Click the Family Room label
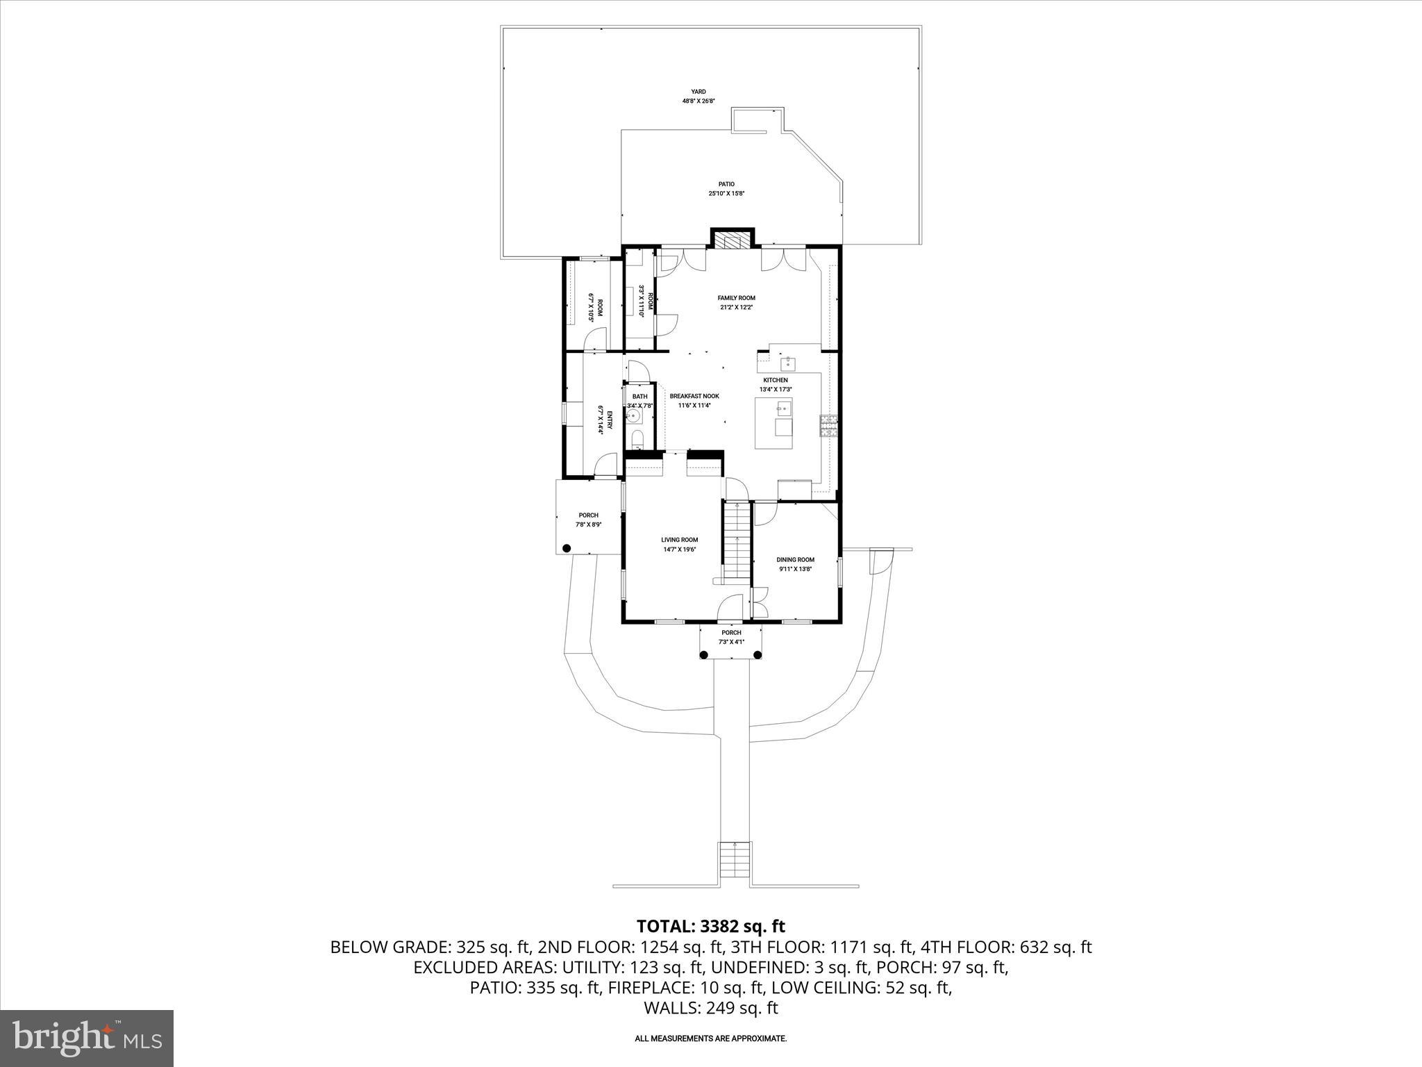coord(736,298)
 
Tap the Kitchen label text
coord(776,380)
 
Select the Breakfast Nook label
coord(694,396)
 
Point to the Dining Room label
coord(795,559)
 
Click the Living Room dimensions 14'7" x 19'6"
coord(679,549)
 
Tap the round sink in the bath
coord(633,415)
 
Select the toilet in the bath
coord(638,440)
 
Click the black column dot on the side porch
coord(567,548)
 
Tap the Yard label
coord(698,92)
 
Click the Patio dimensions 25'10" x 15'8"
coord(726,194)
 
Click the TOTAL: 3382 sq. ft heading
coord(710,926)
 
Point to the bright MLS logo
coord(87,1038)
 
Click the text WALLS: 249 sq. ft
coord(710,1008)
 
